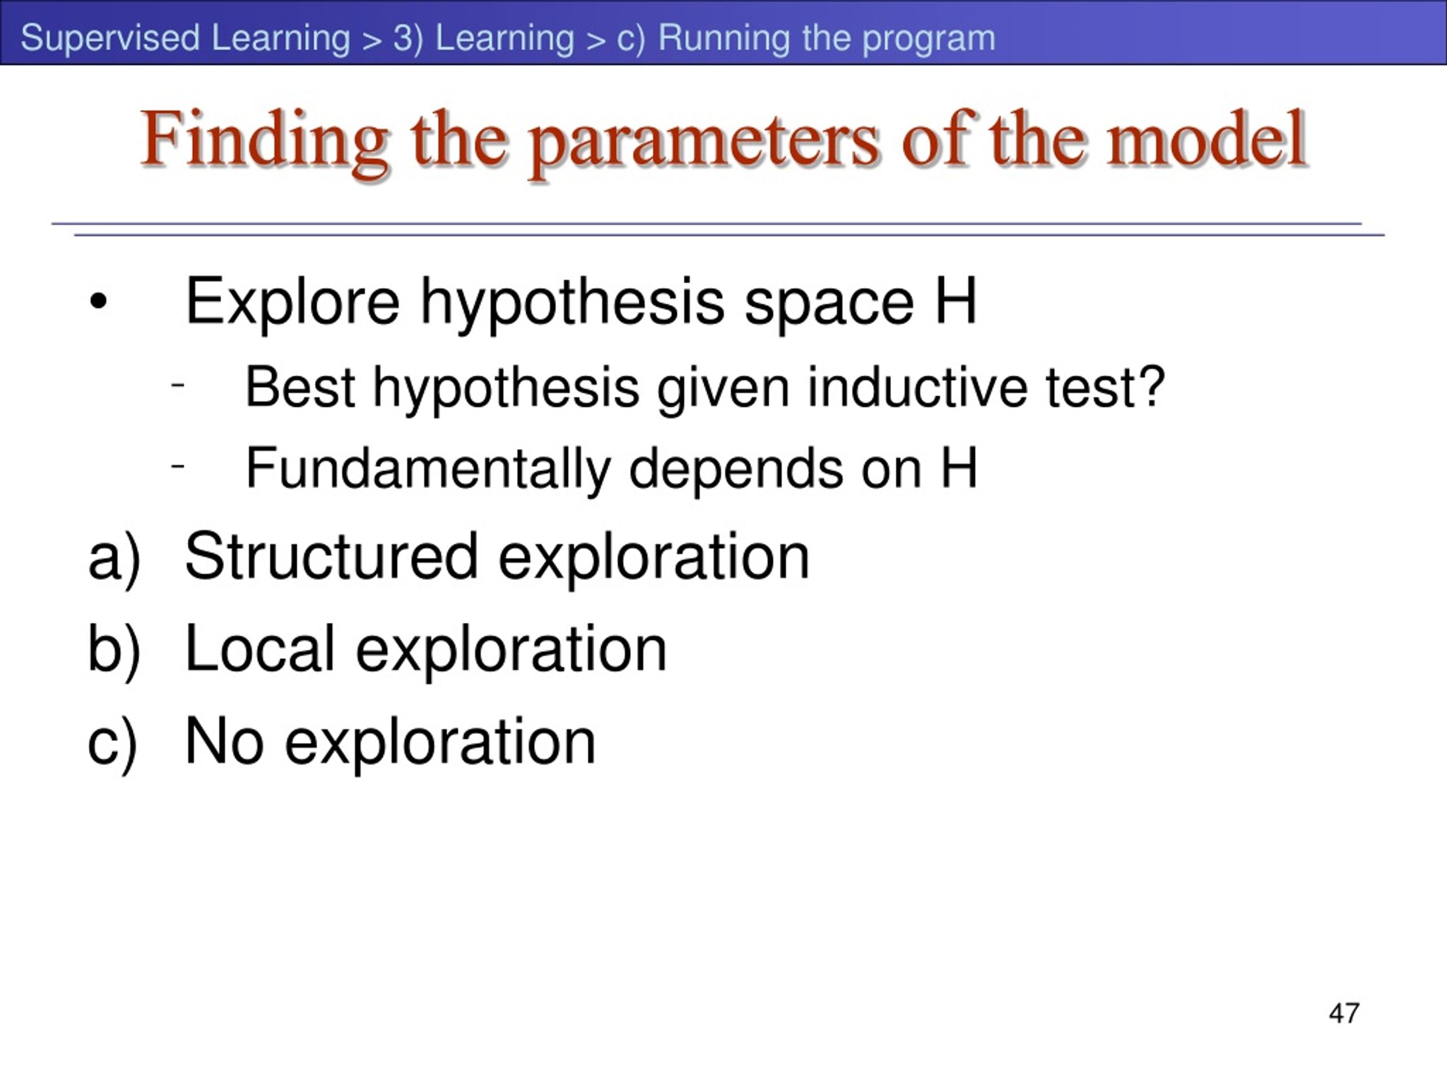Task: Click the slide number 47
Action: pos(1344,1013)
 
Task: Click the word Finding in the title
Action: pos(265,141)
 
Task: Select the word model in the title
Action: pos(1207,138)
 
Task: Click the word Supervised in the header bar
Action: pos(110,38)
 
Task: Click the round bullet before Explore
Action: pos(98,302)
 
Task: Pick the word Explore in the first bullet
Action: pos(292,302)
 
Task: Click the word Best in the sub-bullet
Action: pos(300,387)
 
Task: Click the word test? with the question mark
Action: pos(1106,387)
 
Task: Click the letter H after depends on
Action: pos(960,467)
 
